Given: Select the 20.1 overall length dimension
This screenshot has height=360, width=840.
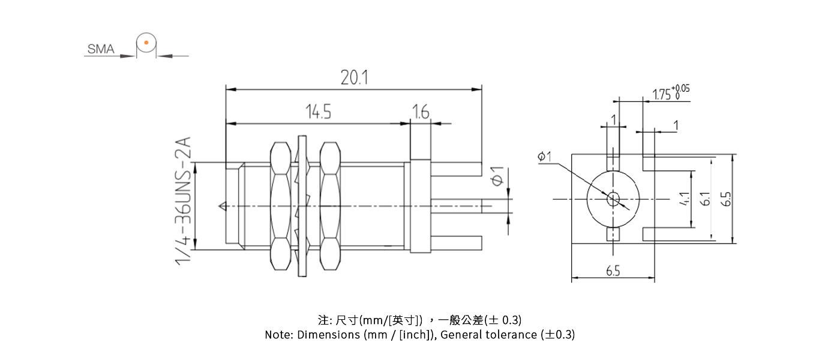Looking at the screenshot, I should point(353,78).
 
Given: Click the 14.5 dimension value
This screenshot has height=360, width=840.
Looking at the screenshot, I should point(319,112).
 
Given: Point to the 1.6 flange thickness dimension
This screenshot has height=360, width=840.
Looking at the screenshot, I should point(421,112).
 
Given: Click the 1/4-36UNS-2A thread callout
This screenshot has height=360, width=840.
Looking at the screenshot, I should point(183,200).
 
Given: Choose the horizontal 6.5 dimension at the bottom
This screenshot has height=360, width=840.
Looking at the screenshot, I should point(613,271).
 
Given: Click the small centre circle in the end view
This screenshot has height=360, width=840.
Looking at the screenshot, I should point(613,198).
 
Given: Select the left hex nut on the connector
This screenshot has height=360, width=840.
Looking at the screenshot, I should point(280,205).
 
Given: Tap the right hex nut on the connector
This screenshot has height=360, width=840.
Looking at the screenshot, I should point(329,205).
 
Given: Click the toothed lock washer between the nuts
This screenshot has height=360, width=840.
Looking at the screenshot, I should point(302,205).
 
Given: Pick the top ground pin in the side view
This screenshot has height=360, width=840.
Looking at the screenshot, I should point(456,169).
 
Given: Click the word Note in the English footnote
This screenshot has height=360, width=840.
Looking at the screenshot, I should point(278,335).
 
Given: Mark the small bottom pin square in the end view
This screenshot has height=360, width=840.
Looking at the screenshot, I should point(613,235).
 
